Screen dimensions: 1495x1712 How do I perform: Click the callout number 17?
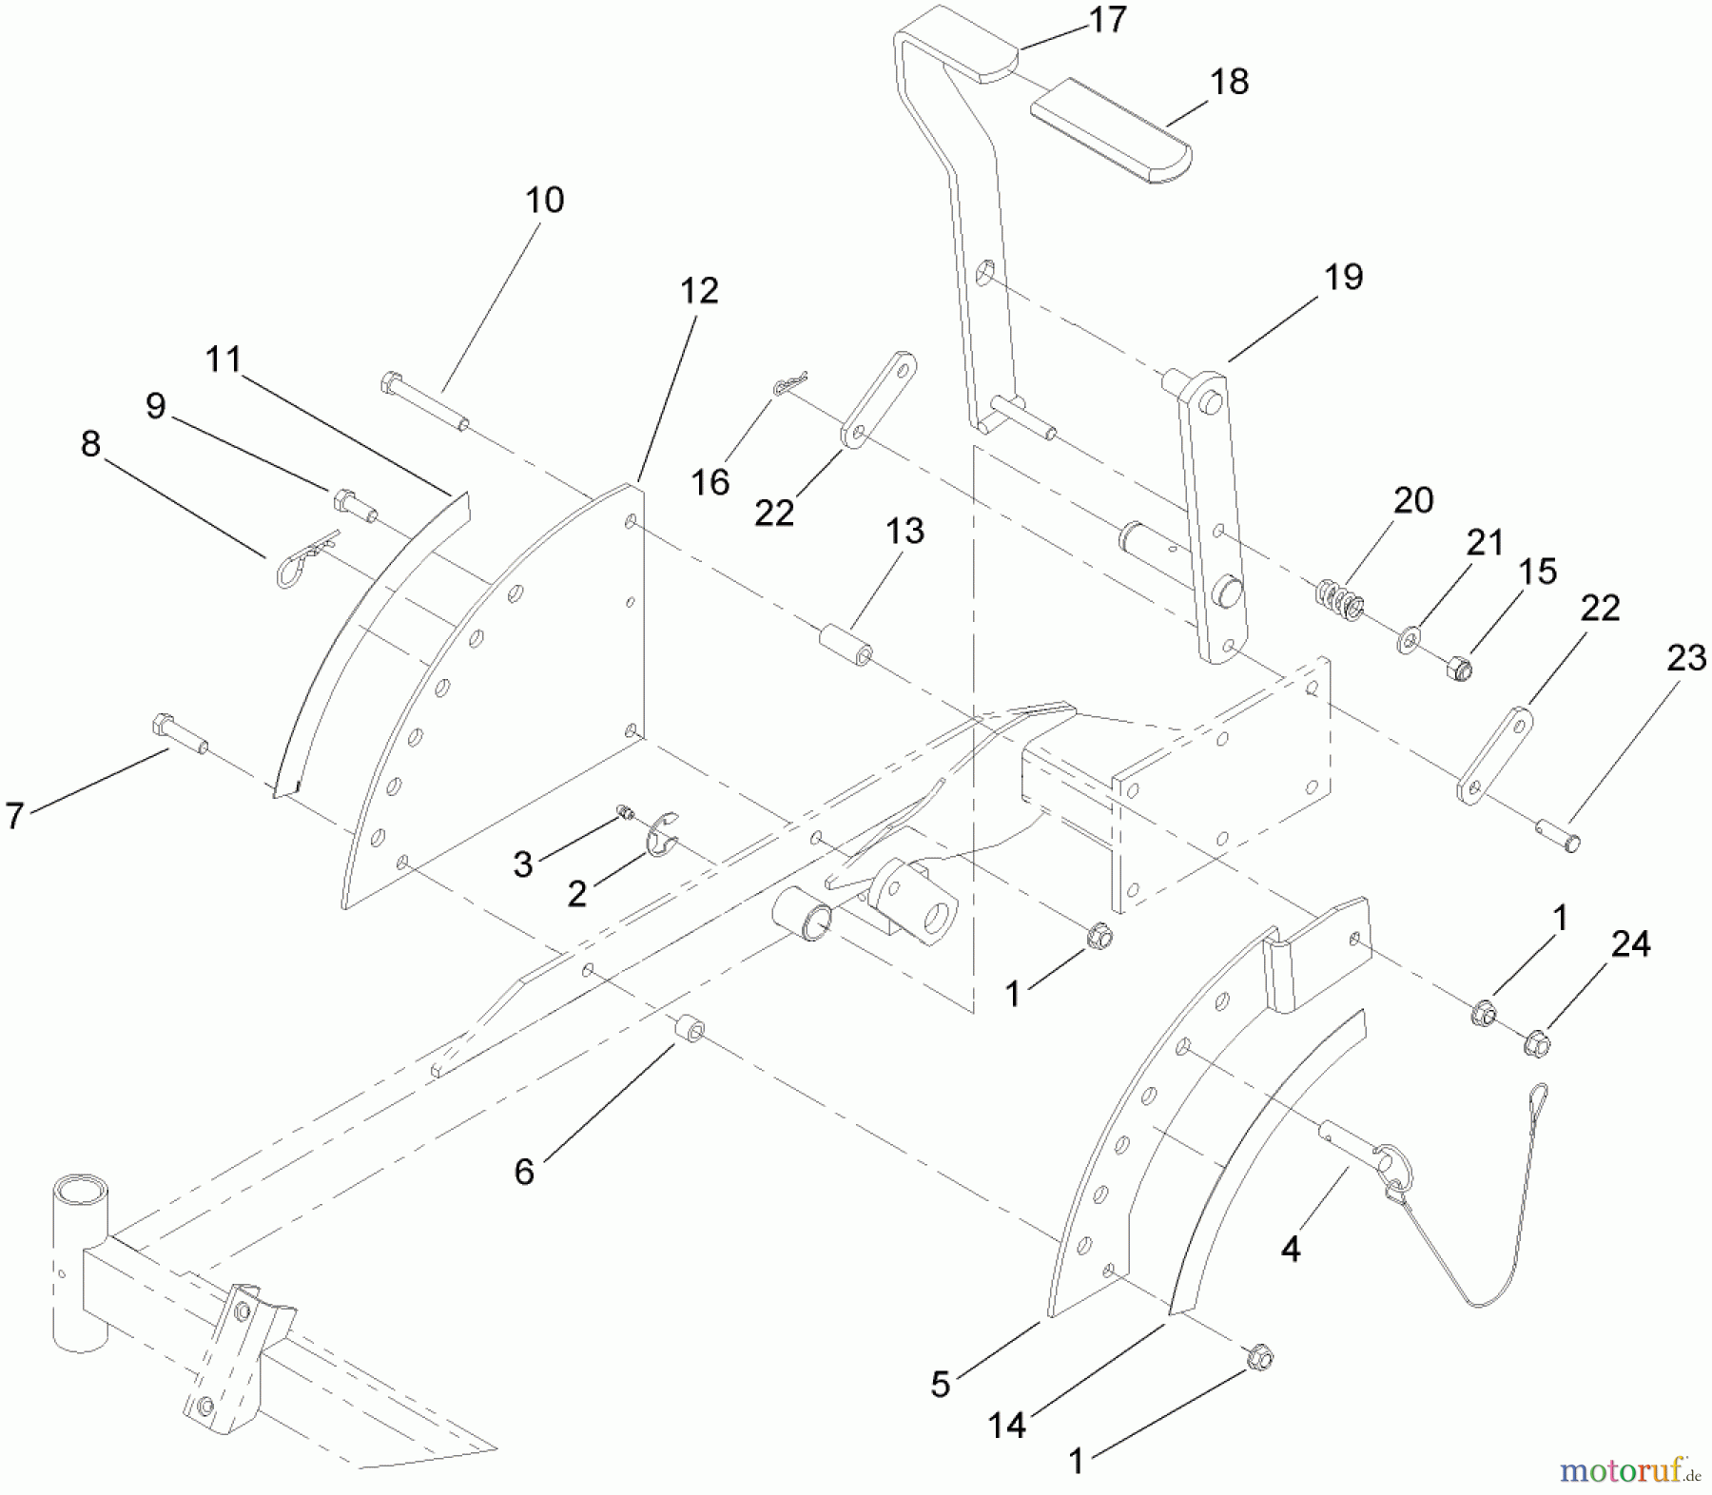click(x=1107, y=20)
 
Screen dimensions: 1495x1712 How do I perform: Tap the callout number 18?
click(x=1230, y=82)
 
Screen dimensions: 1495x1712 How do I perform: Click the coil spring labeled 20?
click(x=1340, y=600)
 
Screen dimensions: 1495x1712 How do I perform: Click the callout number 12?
click(x=698, y=291)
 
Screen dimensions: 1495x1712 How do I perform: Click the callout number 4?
click(x=1290, y=1250)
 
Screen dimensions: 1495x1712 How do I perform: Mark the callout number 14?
click(x=1006, y=1424)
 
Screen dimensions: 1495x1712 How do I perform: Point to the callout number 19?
click(x=1343, y=278)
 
